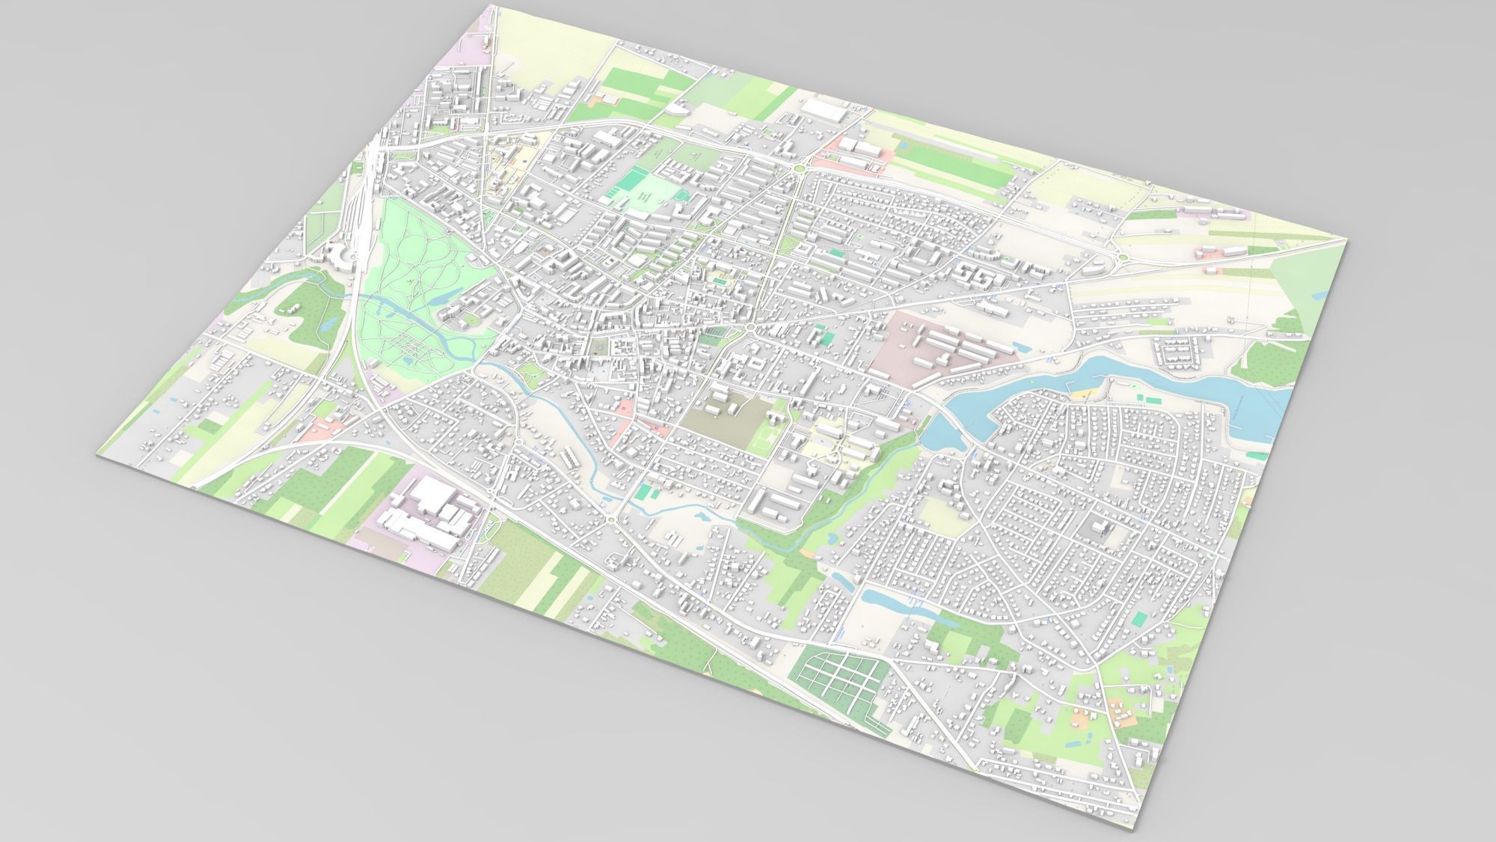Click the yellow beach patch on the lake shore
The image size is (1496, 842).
coord(1082,391)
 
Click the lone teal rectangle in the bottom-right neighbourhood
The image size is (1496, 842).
coord(1139,618)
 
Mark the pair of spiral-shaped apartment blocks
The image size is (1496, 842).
coord(972,278)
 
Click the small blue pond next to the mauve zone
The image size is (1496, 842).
coord(1018,346)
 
